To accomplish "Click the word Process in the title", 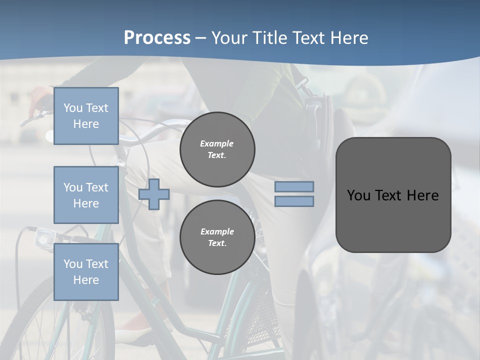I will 157,38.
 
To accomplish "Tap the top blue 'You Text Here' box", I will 86,116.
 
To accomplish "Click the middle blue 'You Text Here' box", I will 86,195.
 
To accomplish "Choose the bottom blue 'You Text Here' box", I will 86,272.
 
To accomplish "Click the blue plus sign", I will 154,193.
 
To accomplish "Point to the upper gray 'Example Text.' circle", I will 217,149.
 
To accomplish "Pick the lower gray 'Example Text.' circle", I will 217,237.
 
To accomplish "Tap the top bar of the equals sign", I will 294,186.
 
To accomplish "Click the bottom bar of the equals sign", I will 294,201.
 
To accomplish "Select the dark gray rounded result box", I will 393,220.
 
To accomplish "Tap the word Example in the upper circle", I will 216,143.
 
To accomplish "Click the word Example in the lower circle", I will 217,231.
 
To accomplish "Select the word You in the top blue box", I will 73,108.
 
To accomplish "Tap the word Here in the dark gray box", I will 422,195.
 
